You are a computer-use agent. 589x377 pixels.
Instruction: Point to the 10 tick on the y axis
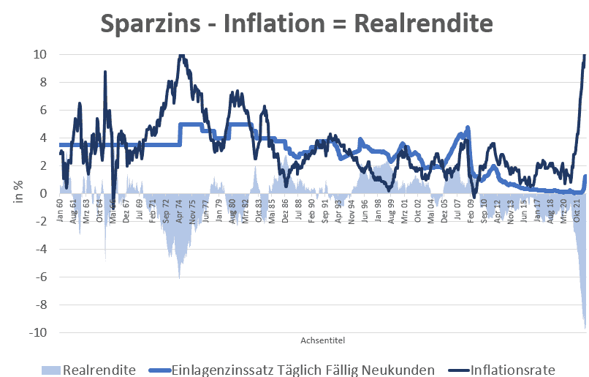tap(40, 54)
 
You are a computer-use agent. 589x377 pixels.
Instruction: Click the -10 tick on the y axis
tap(37, 332)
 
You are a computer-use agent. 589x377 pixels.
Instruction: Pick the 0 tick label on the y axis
tap(44, 193)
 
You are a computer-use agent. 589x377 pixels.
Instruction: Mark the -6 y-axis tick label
tap(40, 277)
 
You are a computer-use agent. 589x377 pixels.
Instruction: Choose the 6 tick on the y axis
tap(44, 110)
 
